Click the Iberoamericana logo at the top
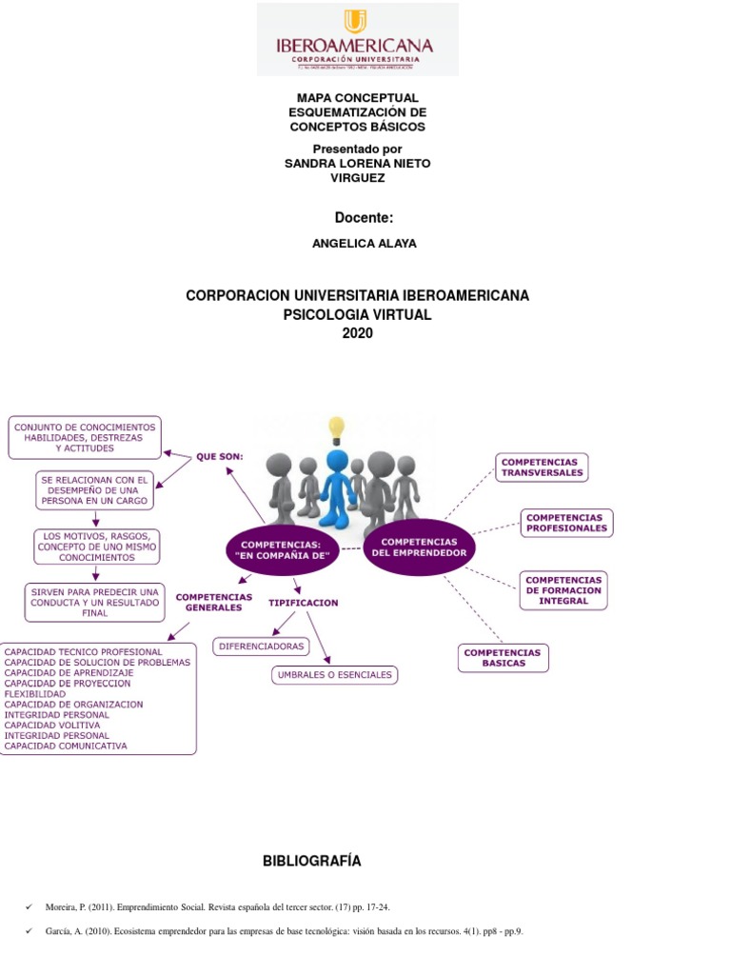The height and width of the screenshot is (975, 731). point(357,39)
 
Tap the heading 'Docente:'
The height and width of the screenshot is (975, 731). point(364,218)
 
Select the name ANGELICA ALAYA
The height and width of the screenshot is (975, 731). point(364,244)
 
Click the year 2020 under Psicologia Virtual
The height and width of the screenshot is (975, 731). point(357,333)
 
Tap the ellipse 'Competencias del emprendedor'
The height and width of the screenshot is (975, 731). point(419,547)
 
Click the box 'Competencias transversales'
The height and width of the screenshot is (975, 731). point(540,468)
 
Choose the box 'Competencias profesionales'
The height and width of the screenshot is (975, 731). point(566,523)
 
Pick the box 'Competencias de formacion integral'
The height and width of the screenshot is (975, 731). point(563,590)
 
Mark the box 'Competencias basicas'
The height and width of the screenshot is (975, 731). point(504,658)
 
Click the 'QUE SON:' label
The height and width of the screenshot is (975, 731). point(220,456)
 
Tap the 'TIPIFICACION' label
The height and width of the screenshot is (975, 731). point(303,603)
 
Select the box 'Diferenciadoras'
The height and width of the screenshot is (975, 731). point(261,647)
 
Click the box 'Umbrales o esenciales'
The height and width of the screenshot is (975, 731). point(333,675)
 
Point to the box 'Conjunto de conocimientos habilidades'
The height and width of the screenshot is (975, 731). point(84,437)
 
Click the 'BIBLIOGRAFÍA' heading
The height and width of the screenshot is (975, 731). point(312,862)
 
